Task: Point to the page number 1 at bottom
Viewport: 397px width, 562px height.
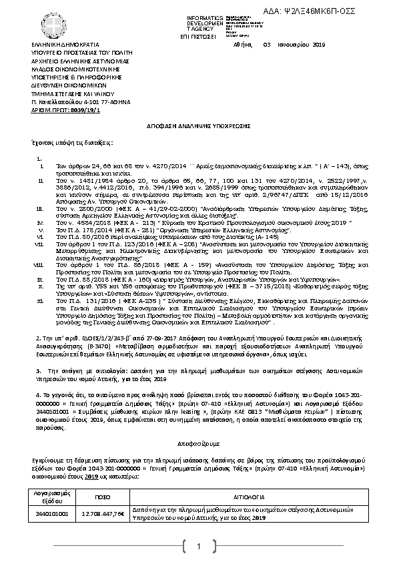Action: click(198, 548)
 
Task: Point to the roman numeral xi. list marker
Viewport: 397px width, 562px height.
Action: click(39, 301)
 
